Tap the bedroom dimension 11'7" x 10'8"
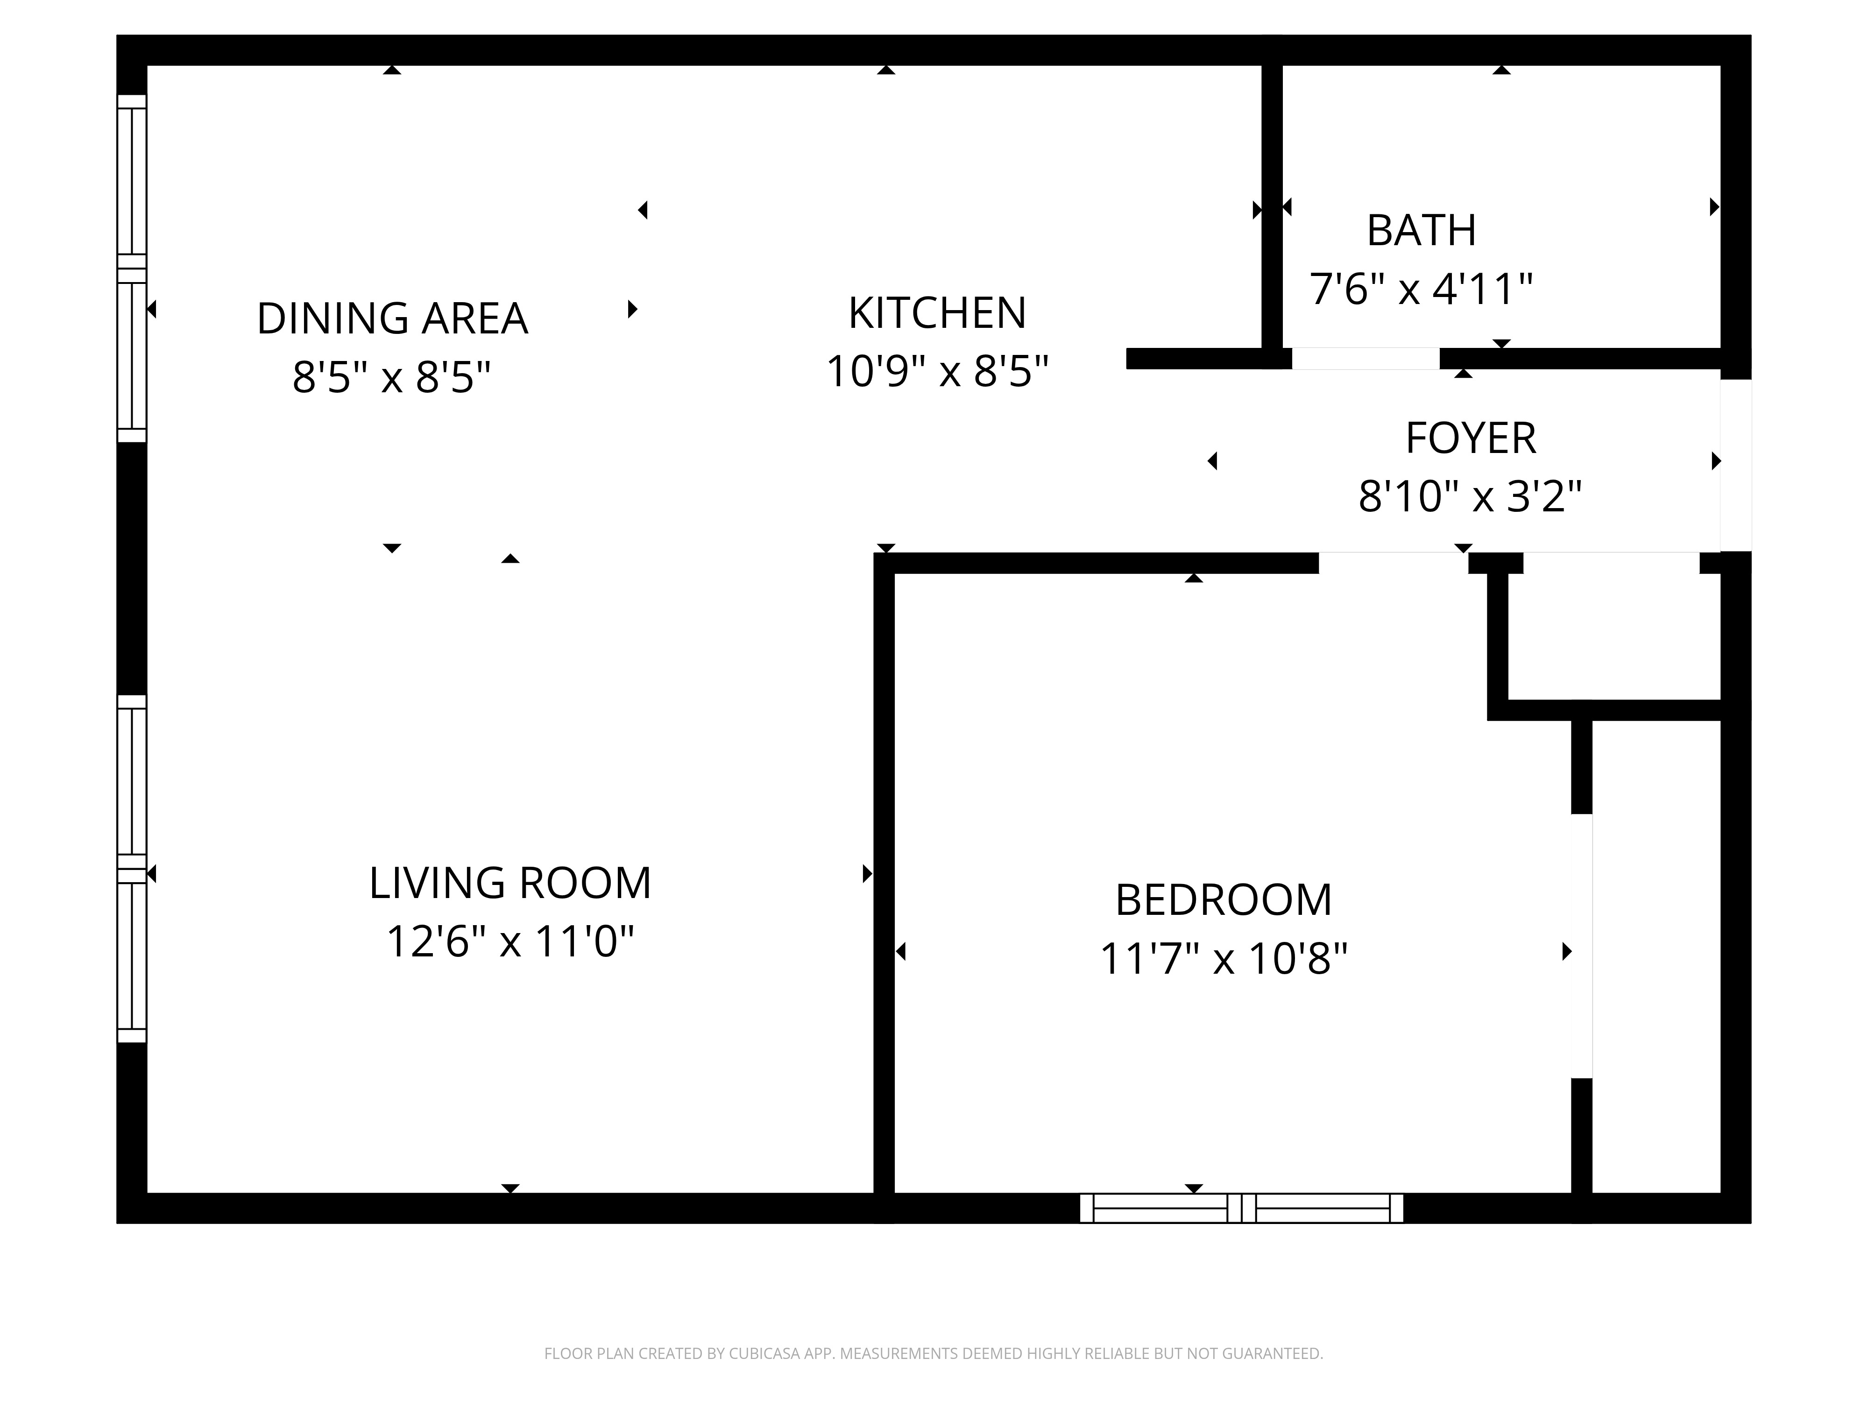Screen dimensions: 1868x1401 point(1224,958)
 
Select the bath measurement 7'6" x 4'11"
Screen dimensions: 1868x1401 point(1421,289)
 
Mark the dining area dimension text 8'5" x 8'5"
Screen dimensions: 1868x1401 point(392,377)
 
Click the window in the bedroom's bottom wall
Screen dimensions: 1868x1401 point(1241,1209)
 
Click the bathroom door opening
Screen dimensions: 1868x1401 point(1366,358)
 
